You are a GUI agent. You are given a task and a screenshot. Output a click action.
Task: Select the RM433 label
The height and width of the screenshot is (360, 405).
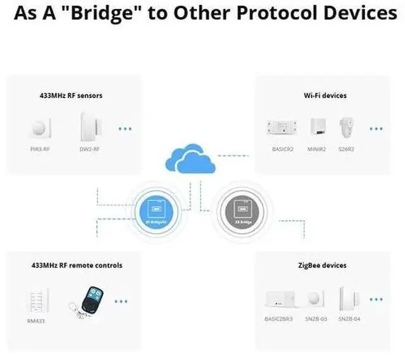[36, 321]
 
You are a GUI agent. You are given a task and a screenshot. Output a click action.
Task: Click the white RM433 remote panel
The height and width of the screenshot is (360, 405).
[36, 299]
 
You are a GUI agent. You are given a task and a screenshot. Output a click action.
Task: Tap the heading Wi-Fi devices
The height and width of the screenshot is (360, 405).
[325, 96]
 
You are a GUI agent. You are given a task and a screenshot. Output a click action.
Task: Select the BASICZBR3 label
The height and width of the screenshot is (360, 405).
[278, 318]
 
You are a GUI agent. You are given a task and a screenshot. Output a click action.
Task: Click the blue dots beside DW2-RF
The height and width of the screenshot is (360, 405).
[125, 128]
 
